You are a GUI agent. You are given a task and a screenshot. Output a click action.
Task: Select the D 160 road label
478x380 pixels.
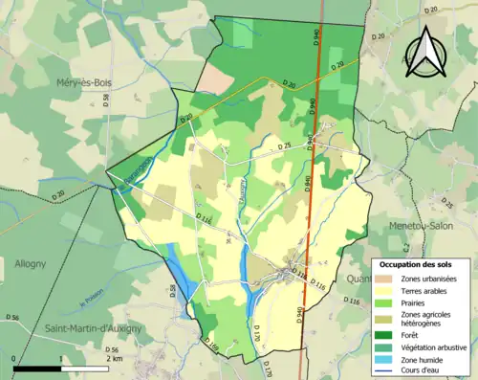212,346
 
